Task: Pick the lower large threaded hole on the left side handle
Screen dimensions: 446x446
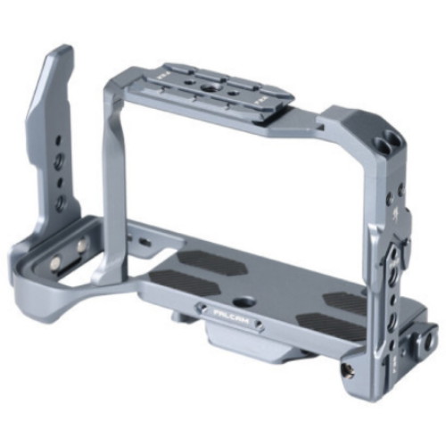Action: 60,202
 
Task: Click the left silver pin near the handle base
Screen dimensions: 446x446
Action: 54,261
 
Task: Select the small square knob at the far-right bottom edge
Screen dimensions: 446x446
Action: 430,342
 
